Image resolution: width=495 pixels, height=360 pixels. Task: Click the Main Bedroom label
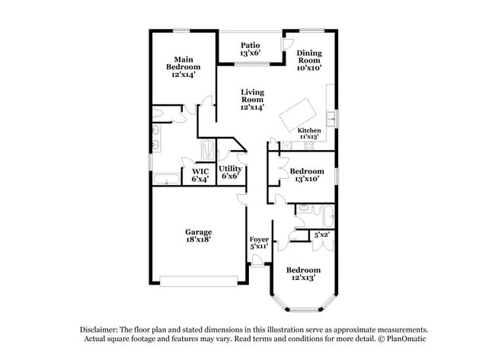click(x=182, y=67)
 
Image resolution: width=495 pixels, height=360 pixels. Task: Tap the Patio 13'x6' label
click(x=250, y=49)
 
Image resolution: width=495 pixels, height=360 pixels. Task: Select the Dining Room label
click(x=309, y=60)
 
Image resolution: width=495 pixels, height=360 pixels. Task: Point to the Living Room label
click(x=252, y=100)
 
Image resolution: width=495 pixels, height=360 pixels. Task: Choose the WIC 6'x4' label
click(x=200, y=175)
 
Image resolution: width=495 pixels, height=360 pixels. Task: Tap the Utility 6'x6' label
click(x=230, y=172)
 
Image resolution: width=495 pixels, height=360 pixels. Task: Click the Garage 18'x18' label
click(x=198, y=235)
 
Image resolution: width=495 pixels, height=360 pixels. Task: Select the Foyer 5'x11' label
click(x=259, y=243)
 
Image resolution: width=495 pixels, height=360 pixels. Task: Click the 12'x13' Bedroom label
click(x=303, y=274)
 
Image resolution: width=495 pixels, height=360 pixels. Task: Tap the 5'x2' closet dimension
click(x=321, y=235)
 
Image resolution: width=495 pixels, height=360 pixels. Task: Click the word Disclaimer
click(x=101, y=329)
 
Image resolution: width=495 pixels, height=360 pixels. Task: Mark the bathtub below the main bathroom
click(x=165, y=180)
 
